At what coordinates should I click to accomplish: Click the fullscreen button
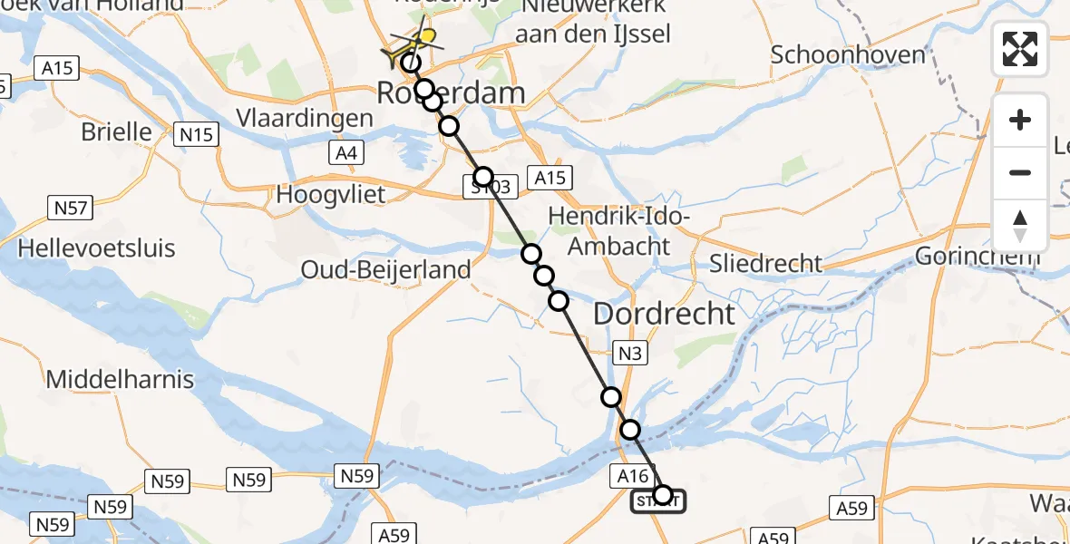click(x=1020, y=49)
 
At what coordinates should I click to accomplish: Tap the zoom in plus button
click(x=1020, y=120)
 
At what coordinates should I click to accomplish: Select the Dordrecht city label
click(x=664, y=315)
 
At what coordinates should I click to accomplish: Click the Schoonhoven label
click(x=848, y=54)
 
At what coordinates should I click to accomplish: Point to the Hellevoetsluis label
click(x=96, y=248)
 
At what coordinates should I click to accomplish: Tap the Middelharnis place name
click(x=120, y=379)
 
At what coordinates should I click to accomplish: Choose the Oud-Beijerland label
click(x=386, y=269)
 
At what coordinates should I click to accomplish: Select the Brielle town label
click(x=117, y=131)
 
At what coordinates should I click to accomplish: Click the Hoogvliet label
click(x=331, y=194)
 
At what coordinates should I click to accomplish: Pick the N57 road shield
click(x=70, y=209)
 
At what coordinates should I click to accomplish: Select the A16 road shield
click(x=632, y=475)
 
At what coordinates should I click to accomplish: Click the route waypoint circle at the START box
click(x=663, y=495)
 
